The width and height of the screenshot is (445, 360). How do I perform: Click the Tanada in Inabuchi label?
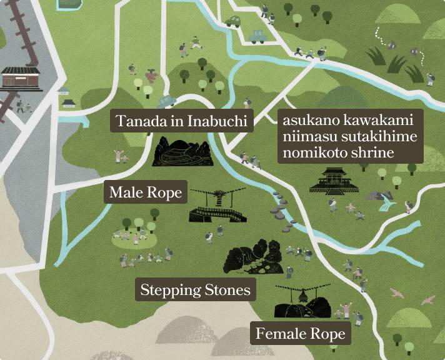point(182,121)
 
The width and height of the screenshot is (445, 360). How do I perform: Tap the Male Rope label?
point(145,193)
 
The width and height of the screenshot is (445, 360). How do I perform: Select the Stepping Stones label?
point(195,289)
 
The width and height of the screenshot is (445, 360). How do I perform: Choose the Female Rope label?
point(300,334)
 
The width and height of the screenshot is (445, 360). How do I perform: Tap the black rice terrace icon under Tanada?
point(182,152)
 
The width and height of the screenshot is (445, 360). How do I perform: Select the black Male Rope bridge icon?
point(217,208)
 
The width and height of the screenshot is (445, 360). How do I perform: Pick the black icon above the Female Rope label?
point(302,302)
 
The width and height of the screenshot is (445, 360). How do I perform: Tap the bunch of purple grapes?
point(151,76)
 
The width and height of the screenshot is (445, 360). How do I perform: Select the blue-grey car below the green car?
point(257,36)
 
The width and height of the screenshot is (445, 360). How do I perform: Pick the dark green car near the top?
point(234,21)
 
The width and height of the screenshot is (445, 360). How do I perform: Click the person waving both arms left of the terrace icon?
point(117,154)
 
